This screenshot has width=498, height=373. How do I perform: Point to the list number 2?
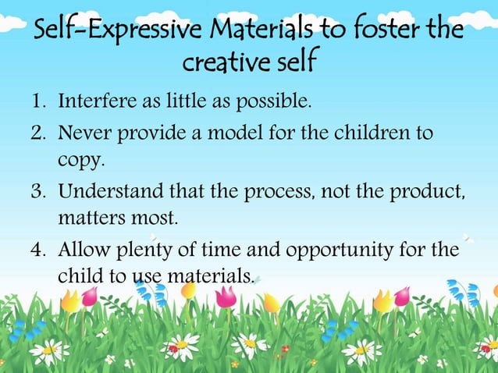tap(38, 133)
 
